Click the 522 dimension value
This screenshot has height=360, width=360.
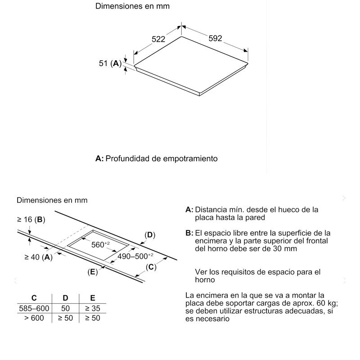158,40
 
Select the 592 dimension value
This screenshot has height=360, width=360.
215,39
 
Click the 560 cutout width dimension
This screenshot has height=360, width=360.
101,245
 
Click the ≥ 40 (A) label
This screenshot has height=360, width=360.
38,257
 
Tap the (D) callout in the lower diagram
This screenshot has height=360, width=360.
149,235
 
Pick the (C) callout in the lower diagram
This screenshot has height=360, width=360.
151,267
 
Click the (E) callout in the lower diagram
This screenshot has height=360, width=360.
93,272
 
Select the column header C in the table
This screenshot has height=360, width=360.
34,298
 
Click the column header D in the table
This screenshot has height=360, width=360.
65,298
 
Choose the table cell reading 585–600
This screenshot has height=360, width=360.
34,308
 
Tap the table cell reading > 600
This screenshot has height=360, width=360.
34,318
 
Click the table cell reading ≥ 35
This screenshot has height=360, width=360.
93,308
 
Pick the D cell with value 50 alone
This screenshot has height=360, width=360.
65,308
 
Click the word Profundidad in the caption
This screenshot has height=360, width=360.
127,159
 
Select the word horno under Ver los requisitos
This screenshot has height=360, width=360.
206,280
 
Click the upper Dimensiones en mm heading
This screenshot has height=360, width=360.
126,7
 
